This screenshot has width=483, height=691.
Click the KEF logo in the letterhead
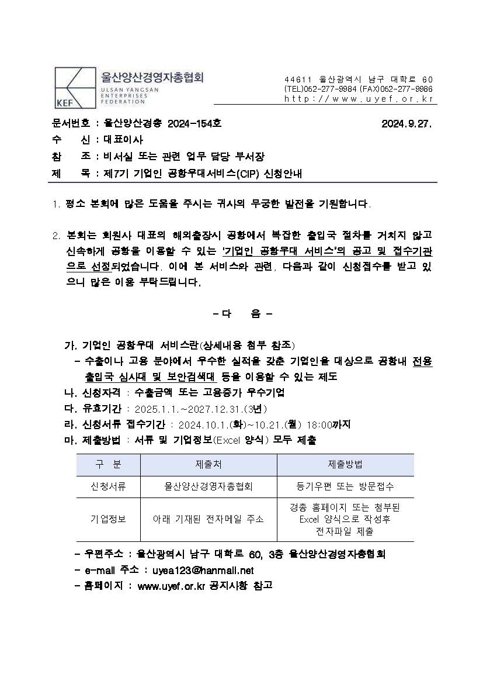point(74,88)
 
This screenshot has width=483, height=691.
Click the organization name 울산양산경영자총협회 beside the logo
point(152,78)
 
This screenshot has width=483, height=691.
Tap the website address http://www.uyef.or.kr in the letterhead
point(359,99)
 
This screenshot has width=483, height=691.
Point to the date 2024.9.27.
point(406,124)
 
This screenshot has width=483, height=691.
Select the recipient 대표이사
point(123,140)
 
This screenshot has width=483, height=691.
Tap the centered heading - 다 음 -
point(242,314)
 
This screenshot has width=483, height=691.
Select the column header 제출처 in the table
point(209,464)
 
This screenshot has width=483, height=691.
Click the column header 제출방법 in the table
point(345,464)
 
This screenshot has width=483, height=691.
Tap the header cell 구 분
point(108,464)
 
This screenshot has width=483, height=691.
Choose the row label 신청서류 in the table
point(108,486)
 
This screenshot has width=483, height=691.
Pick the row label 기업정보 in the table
point(108,519)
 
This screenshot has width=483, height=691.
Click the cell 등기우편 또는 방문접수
point(345,486)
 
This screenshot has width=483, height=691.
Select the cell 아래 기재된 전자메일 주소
point(209,519)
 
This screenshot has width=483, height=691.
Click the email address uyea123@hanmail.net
point(203,569)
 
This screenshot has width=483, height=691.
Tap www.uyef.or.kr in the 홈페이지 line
point(171,585)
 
